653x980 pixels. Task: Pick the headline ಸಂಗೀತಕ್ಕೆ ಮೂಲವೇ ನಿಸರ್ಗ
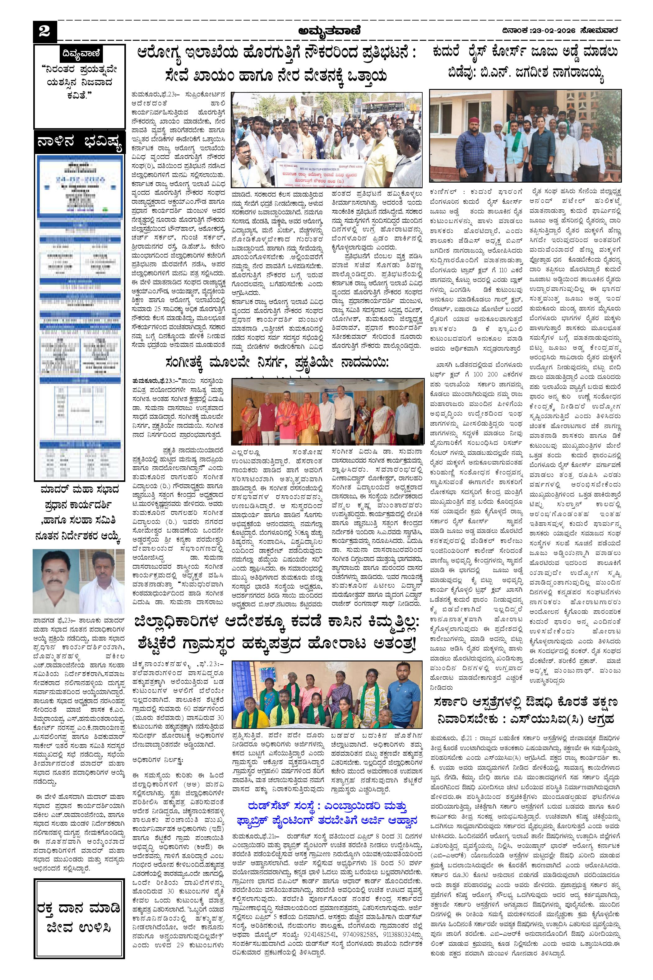[x=276, y=362]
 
